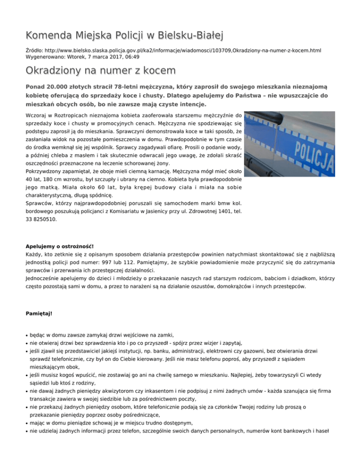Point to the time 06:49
click(x=132, y=56)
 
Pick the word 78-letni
click(x=137, y=87)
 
